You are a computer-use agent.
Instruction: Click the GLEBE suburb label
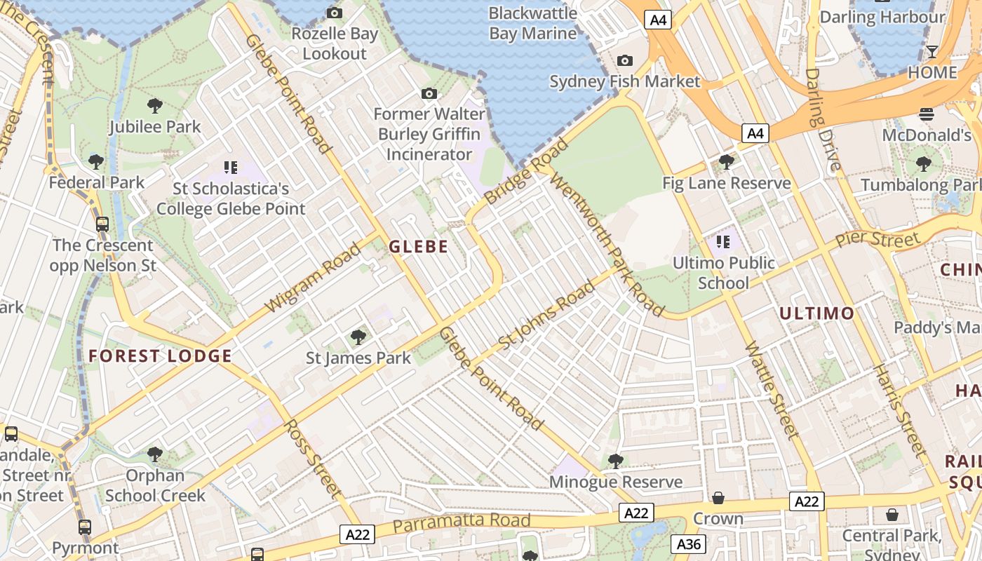418,246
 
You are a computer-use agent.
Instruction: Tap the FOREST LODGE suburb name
160,356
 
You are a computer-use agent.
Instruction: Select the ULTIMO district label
817,313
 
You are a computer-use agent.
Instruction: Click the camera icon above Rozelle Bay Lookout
335,13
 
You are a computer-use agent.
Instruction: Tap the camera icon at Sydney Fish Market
624,61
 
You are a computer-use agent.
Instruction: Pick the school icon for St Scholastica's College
231,168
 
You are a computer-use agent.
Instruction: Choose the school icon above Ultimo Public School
723,243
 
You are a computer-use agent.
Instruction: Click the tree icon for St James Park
358,337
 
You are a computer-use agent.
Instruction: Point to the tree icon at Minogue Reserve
616,461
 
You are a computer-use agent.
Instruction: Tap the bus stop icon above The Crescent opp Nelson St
102,224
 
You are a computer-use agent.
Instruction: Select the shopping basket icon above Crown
718,498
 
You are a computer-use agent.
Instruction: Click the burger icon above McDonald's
927,114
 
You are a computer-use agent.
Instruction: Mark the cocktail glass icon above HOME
931,52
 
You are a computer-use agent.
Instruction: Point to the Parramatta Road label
461,522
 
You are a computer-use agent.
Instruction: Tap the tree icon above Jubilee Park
155,106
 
